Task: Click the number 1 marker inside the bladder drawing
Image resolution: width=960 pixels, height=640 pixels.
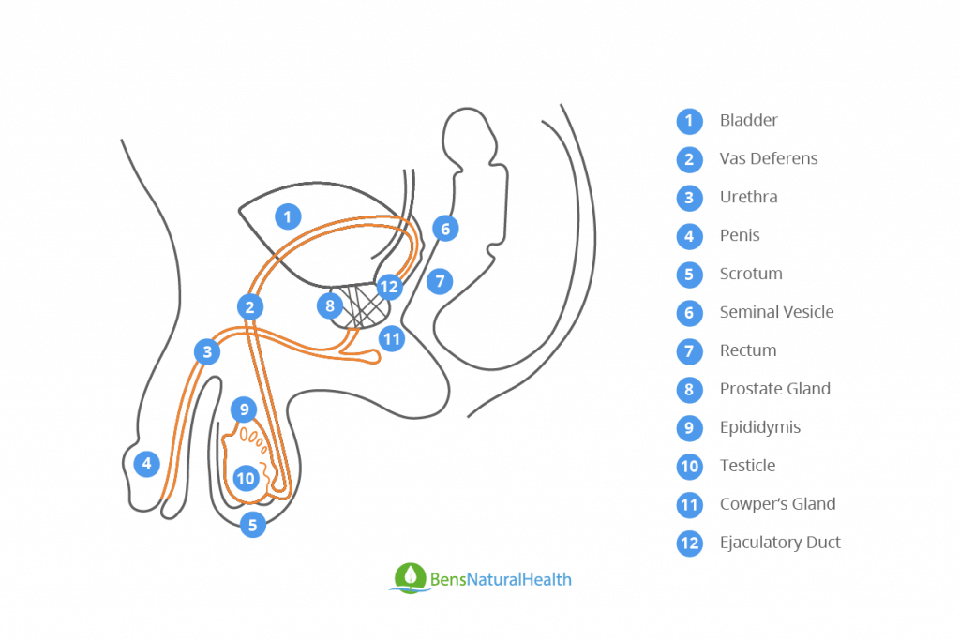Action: click(288, 217)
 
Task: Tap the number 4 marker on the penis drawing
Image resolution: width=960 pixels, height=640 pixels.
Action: click(146, 463)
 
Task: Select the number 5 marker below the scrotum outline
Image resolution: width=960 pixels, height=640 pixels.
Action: click(252, 525)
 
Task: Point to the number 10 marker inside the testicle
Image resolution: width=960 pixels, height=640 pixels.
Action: click(246, 478)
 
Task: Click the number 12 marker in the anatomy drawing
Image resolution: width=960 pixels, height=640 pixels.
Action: click(389, 287)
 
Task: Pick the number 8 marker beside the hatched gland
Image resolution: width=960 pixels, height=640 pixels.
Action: click(329, 305)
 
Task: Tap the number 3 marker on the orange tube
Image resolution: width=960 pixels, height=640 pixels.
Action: click(206, 352)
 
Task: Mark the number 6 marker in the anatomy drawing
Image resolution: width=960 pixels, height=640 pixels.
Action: click(445, 228)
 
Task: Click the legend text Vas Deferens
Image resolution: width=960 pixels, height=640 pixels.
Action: click(768, 158)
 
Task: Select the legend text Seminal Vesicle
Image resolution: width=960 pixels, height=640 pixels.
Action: click(776, 312)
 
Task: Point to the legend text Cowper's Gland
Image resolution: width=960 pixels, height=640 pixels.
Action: click(777, 504)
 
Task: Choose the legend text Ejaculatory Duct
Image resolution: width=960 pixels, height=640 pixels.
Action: click(780, 543)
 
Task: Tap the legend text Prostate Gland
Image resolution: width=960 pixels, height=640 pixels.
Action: click(774, 389)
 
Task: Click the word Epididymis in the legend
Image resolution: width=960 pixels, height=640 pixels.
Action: click(759, 427)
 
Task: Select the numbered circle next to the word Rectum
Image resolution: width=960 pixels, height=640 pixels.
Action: click(689, 351)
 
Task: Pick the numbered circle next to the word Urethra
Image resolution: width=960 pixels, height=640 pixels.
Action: click(689, 198)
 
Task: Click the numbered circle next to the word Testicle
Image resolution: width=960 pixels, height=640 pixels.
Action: click(689, 467)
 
